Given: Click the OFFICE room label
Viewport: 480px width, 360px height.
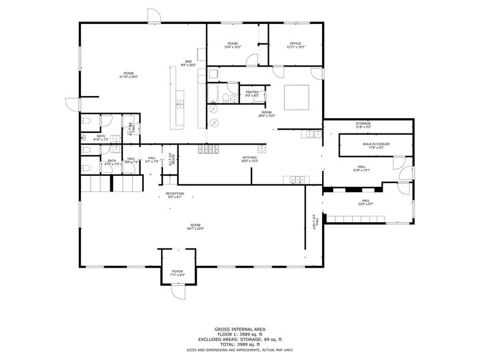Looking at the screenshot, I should [296, 43].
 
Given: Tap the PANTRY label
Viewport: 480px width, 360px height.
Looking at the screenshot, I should [252, 92].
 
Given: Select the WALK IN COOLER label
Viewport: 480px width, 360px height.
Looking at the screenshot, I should [378, 144].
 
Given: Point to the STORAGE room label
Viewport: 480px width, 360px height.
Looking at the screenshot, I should [363, 124].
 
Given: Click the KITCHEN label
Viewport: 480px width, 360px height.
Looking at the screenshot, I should [249, 157].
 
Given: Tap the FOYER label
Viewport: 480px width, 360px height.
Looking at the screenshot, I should [178, 271].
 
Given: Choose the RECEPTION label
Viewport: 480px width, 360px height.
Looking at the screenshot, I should [174, 193].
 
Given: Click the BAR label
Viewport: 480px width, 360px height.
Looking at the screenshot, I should [189, 61].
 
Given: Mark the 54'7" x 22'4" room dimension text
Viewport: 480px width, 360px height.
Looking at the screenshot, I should [195, 228].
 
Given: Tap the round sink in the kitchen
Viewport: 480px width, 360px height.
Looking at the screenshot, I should [261, 148].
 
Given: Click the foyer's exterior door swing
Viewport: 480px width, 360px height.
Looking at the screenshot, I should [178, 292].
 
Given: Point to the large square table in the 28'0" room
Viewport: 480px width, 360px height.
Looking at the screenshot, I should [296, 97].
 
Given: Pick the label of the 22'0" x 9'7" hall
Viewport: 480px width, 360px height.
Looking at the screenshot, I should [366, 201].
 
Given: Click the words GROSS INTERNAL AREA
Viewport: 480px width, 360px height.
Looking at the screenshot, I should [239, 329].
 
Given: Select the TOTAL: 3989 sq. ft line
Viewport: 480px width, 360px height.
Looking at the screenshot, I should [239, 344].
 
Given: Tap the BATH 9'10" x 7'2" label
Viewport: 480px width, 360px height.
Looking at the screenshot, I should [100, 138].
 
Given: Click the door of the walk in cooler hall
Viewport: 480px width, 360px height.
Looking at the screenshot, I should [398, 163].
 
